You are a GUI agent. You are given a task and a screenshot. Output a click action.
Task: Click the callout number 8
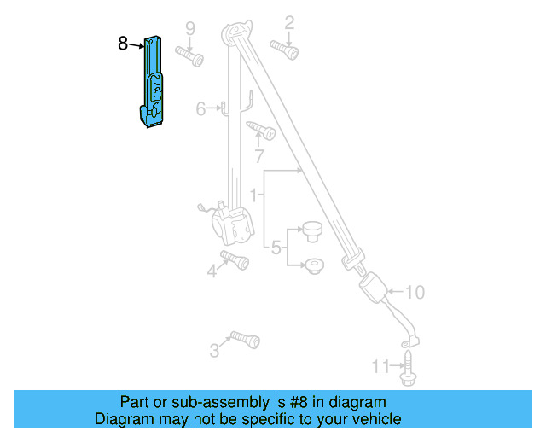click(x=124, y=42)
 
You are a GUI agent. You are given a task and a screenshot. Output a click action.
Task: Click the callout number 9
click(x=190, y=27)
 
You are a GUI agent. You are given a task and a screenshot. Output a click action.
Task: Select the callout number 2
click(x=289, y=22)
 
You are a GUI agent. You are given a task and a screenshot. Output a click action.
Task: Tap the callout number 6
click(x=201, y=108)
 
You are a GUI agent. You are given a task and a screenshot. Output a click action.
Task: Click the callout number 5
click(x=276, y=248)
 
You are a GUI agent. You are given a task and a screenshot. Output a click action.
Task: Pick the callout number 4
click(x=212, y=272)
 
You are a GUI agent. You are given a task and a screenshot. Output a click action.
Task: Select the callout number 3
click(x=214, y=350)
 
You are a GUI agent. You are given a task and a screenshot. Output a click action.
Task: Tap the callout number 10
click(x=414, y=293)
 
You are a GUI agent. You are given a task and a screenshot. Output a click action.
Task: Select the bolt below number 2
click(x=284, y=50)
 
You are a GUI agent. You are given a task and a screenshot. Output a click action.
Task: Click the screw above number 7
click(x=261, y=130)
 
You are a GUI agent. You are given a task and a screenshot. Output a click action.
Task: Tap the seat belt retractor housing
click(x=233, y=227)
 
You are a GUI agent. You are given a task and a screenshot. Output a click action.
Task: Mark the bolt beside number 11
click(x=408, y=366)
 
